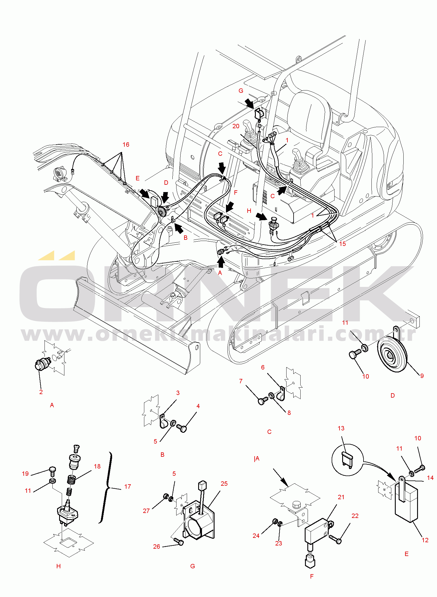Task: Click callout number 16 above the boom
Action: click(x=126, y=145)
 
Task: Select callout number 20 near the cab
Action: click(x=236, y=126)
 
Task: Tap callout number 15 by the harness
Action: click(x=342, y=244)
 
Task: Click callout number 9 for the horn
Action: click(x=422, y=376)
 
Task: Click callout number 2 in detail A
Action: click(x=41, y=392)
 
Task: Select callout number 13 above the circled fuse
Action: click(x=341, y=428)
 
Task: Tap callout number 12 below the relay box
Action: click(x=425, y=540)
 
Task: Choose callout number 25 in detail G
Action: click(x=224, y=484)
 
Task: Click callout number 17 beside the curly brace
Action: click(x=128, y=487)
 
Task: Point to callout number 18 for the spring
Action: click(x=97, y=466)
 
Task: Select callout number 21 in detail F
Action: click(x=341, y=497)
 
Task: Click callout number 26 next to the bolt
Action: click(x=157, y=547)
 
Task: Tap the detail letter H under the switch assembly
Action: click(x=59, y=566)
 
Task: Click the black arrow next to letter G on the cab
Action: click(x=249, y=103)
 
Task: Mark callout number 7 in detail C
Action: click(x=241, y=381)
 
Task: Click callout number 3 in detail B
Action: click(x=178, y=393)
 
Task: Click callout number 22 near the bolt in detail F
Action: click(x=355, y=516)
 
